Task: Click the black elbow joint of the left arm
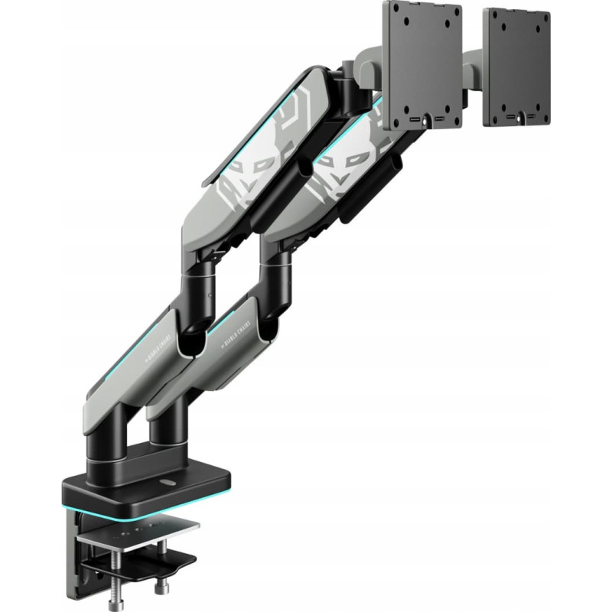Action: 194,291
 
